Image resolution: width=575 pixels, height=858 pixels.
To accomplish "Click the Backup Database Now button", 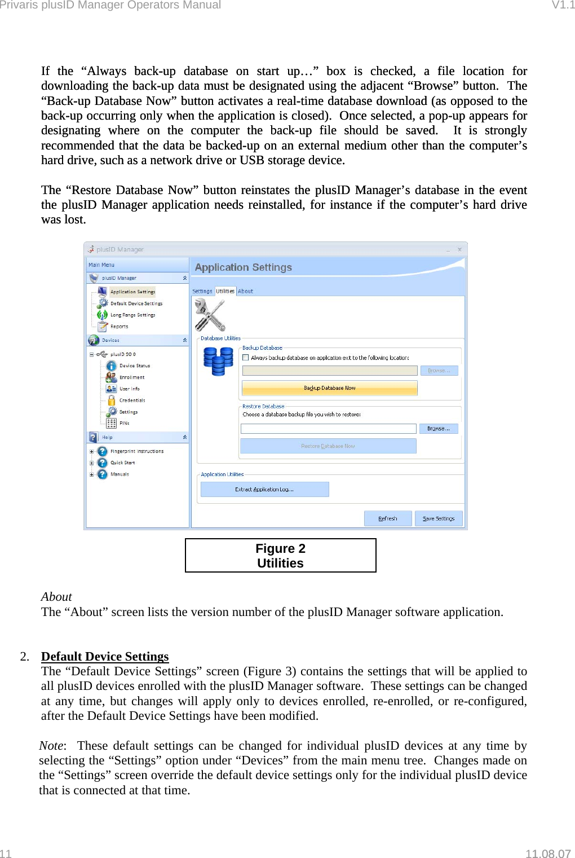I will pyautogui.click(x=330, y=388).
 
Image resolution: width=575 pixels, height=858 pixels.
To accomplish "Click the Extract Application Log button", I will pyautogui.click(x=264, y=490).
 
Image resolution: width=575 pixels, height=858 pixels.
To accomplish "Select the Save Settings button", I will pyautogui.click(x=439, y=518).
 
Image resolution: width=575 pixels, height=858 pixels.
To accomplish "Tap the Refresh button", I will pyautogui.click(x=388, y=518).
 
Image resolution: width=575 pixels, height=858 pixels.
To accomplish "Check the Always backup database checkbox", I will pyautogui.click(x=246, y=358).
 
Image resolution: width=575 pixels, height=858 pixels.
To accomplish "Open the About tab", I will pyautogui.click(x=245, y=291).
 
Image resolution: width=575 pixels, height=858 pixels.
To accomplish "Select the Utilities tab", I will pyautogui.click(x=225, y=291).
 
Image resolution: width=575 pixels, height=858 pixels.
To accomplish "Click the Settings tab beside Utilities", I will pyautogui.click(x=202, y=291).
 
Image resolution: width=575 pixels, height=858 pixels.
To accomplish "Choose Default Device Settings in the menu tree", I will pyautogui.click(x=136, y=303).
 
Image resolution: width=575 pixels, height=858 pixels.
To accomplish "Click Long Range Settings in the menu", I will pyautogui.click(x=132, y=315).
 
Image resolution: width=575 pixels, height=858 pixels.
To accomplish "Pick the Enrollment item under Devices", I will pyautogui.click(x=131, y=377).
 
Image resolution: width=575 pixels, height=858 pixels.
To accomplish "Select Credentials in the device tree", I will pyautogui.click(x=132, y=401).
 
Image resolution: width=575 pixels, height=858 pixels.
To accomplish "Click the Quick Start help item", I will pyautogui.click(x=122, y=463).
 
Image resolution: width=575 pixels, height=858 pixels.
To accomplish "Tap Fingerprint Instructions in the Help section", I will pyautogui.click(x=137, y=451).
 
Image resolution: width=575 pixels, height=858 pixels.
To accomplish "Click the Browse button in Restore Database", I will pyautogui.click(x=439, y=429).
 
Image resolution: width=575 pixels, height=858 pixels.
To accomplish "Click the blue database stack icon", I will pyautogui.click(x=218, y=361).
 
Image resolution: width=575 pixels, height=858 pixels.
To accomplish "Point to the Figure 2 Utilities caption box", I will pyautogui.click(x=280, y=556).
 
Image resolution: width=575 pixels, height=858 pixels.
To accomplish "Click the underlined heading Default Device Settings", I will pyautogui.click(x=105, y=657).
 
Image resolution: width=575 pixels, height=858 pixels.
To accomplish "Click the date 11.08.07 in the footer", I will pyautogui.click(x=548, y=853).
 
